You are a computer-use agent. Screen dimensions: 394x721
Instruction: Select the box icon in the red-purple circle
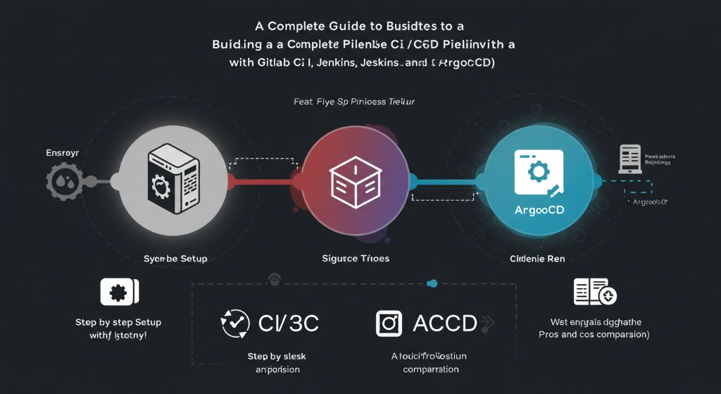coord(355,183)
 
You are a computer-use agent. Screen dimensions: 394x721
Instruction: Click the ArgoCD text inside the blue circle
coord(539,210)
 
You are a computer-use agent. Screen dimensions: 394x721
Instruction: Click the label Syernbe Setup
coord(175,259)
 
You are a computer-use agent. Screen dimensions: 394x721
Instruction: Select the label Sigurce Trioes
coord(356,259)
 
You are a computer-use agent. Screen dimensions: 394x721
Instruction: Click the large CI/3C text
coord(289,324)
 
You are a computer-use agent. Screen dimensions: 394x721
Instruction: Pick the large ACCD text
coord(445,324)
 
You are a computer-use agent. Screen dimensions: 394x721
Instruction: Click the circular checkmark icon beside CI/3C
coord(235,324)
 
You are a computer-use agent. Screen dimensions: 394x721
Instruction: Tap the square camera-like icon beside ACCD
coord(388,323)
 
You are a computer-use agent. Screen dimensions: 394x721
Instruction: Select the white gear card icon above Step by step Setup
coord(119,292)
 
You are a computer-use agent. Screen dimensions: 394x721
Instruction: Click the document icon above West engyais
coord(595,291)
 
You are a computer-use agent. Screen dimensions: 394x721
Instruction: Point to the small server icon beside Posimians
coord(629,159)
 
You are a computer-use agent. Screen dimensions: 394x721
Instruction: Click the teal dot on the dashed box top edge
coord(432,284)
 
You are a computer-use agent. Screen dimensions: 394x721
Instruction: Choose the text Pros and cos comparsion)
coord(594,335)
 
